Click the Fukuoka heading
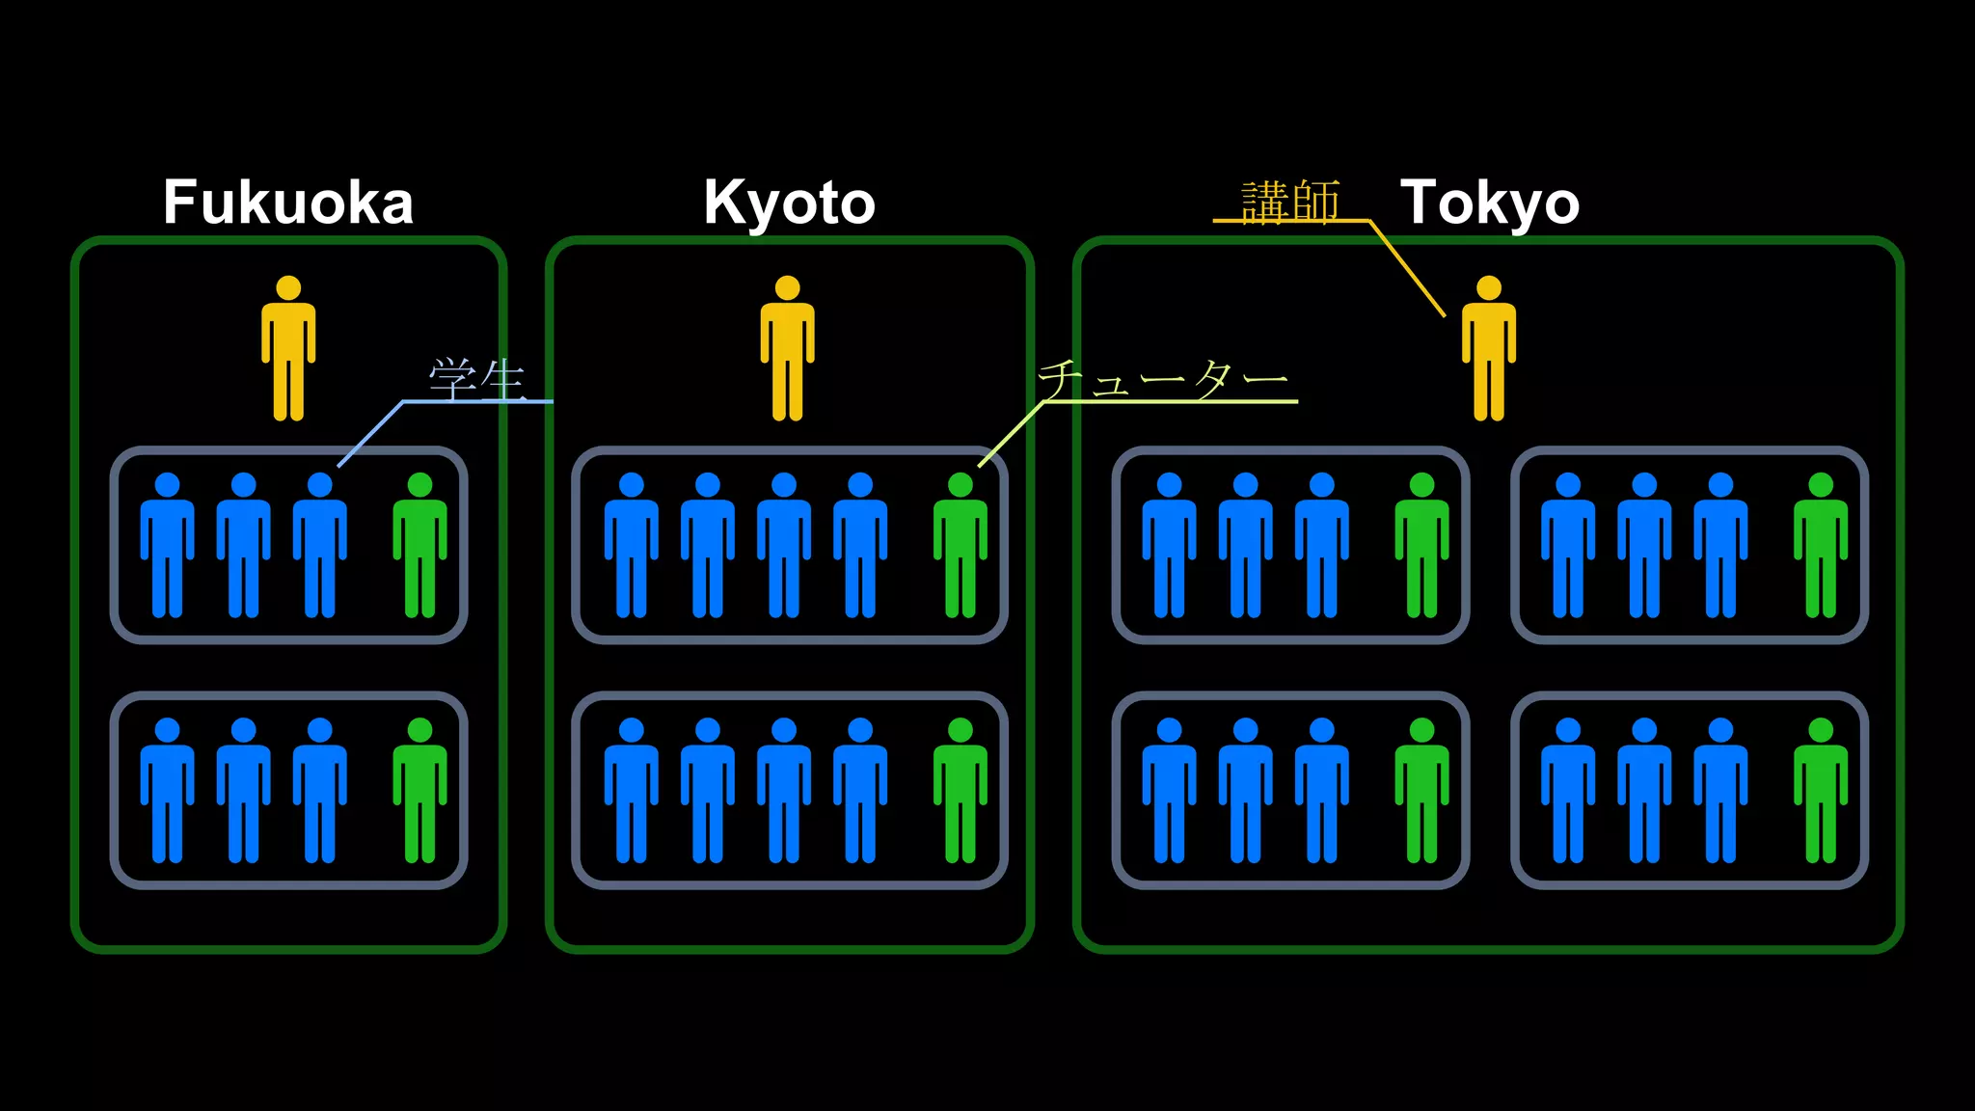pyautogui.click(x=287, y=203)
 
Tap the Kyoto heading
pyautogui.click(x=789, y=203)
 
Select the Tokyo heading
pyautogui.click(x=1489, y=203)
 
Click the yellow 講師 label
pyautogui.click(x=1290, y=202)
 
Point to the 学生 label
pyautogui.click(x=477, y=379)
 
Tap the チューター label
pyautogui.click(x=1163, y=379)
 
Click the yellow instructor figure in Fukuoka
pyautogui.click(x=288, y=349)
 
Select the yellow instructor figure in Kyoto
pyautogui.click(x=787, y=349)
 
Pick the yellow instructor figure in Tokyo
pyautogui.click(x=1488, y=349)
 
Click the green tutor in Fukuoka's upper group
pyautogui.click(x=419, y=546)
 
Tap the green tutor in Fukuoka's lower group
pyautogui.click(x=419, y=791)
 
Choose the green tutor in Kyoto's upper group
pyautogui.click(x=960, y=546)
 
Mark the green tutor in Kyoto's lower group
pyautogui.click(x=960, y=791)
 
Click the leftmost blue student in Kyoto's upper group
pyautogui.click(x=631, y=546)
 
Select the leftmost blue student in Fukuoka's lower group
pyautogui.click(x=167, y=791)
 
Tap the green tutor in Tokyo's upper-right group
pyautogui.click(x=1820, y=546)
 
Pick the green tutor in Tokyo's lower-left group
pyautogui.click(x=1421, y=791)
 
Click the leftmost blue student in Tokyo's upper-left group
pyautogui.click(x=1169, y=546)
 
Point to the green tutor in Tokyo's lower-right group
pyautogui.click(x=1820, y=791)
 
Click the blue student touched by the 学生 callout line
pyautogui.click(x=319, y=546)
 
